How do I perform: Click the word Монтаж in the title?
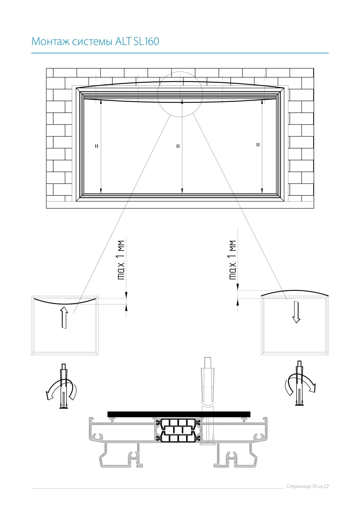click(x=50, y=41)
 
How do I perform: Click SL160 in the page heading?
click(x=146, y=41)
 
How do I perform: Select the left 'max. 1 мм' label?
click(x=121, y=260)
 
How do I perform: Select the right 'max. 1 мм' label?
click(x=233, y=260)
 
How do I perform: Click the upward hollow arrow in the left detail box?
click(x=64, y=317)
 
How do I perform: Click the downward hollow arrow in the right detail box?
click(x=296, y=312)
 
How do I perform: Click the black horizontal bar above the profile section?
click(x=179, y=414)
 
